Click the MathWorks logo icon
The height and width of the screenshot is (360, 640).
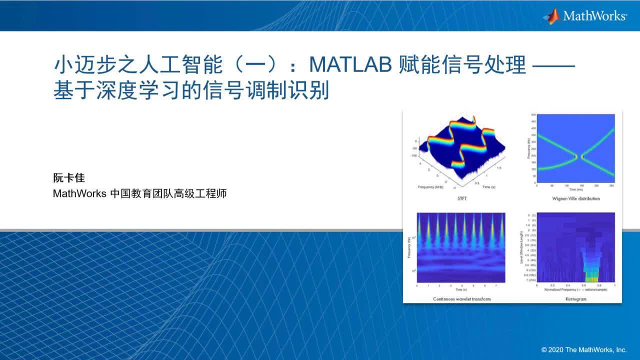(551, 16)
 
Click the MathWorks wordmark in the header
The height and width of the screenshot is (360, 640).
(594, 16)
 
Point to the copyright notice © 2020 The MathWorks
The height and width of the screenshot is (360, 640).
(583, 349)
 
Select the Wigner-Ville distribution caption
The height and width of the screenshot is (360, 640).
(575, 198)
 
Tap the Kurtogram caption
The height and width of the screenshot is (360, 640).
(575, 298)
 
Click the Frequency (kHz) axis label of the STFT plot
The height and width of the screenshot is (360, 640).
(429, 186)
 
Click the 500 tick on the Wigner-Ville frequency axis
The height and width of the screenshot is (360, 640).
(533, 115)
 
